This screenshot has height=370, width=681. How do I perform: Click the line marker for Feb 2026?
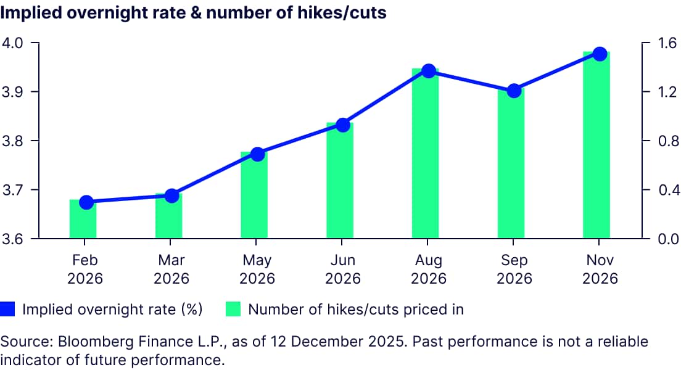click(86, 202)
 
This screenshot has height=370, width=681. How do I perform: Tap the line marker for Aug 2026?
click(429, 71)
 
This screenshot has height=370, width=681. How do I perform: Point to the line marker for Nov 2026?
click(600, 54)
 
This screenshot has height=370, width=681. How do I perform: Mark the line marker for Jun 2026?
click(344, 125)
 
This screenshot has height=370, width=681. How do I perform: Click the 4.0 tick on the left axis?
click(14, 43)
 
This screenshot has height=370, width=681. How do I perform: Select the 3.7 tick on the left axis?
click(14, 190)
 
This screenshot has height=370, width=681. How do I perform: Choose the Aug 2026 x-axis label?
click(429, 269)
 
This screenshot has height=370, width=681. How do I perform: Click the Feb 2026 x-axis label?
click(85, 269)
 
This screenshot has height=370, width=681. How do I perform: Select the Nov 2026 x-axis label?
click(600, 269)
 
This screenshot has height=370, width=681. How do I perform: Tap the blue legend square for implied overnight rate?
click(8, 309)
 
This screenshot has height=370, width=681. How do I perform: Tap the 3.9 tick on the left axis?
click(14, 92)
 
